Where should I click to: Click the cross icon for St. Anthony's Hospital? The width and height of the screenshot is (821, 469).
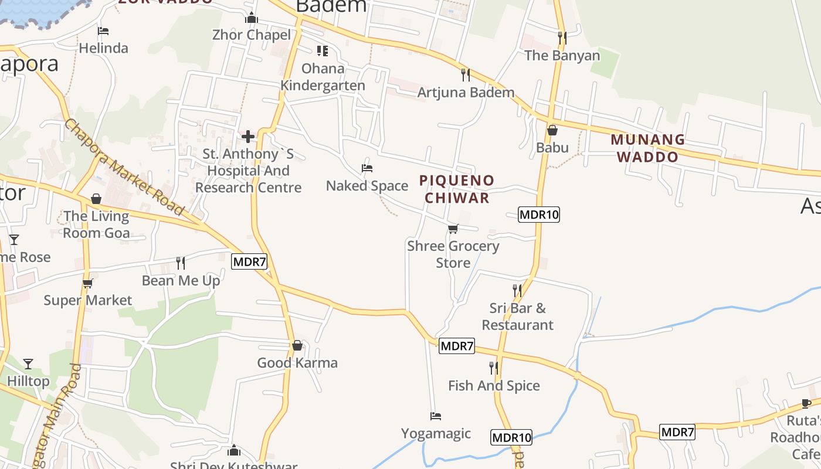tap(248, 137)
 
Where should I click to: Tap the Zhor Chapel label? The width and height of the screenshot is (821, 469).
tap(252, 35)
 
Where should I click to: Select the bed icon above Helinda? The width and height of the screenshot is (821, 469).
tap(103, 30)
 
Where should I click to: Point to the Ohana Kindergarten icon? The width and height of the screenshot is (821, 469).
tap(322, 51)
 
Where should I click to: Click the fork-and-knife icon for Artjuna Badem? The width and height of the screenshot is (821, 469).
tap(465, 74)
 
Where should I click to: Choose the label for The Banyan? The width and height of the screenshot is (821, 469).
tap(562, 56)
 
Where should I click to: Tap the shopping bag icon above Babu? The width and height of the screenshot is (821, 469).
tap(552, 130)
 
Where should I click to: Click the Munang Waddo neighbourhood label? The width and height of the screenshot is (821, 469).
tap(647, 148)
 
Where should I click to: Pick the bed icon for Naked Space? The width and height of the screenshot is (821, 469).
tap(367, 168)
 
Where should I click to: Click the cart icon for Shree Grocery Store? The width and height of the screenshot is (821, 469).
tap(453, 229)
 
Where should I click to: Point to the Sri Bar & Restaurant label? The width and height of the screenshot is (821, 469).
tap(517, 316)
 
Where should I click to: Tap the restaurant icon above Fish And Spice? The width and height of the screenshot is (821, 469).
tap(494, 368)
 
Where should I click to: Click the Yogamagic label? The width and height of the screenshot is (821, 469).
tap(436, 434)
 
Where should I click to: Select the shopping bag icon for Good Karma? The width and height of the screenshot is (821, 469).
tap(297, 345)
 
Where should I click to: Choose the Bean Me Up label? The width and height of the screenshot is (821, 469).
tap(181, 281)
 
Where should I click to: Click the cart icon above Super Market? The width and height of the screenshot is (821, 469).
tap(87, 284)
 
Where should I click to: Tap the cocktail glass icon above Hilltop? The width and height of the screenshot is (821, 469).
tap(28, 364)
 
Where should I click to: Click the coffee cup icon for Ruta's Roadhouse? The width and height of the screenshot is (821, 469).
tap(807, 403)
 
